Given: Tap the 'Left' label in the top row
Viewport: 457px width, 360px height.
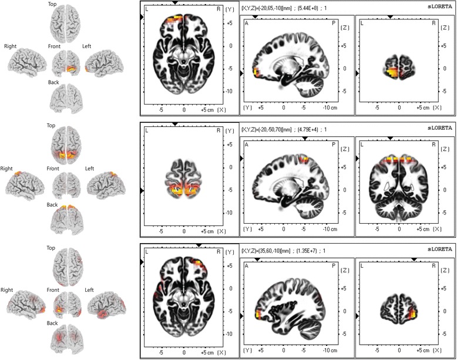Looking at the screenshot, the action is (89, 45).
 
